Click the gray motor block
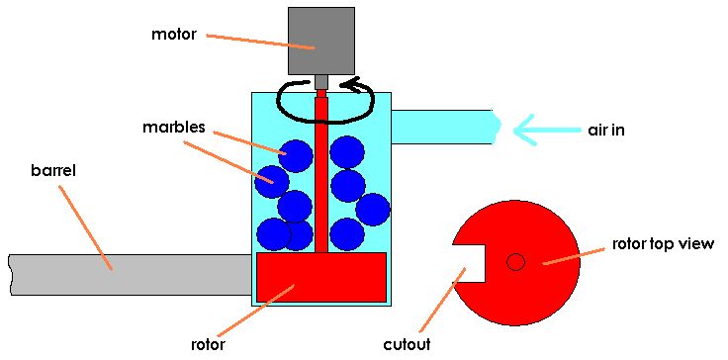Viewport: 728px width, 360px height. (x=321, y=41)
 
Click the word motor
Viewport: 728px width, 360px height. (x=174, y=35)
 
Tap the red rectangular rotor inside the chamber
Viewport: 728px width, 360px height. (x=321, y=277)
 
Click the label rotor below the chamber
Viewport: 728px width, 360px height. (x=209, y=345)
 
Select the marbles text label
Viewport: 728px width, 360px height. (x=172, y=128)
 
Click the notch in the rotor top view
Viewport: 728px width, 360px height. (x=471, y=263)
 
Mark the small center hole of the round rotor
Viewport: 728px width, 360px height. (x=515, y=262)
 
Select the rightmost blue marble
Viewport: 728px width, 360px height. (x=372, y=210)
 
